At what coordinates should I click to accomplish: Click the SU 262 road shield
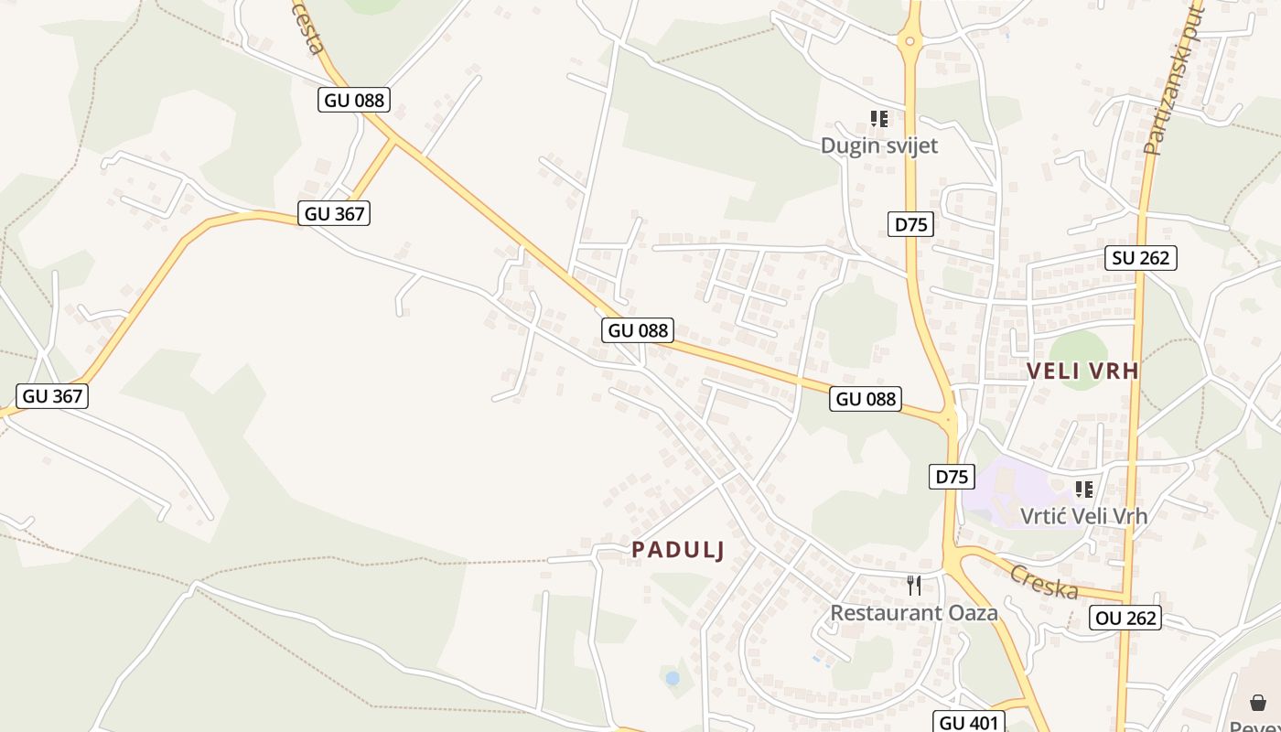pyautogui.click(x=1140, y=258)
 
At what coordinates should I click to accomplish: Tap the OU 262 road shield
pyautogui.click(x=1126, y=619)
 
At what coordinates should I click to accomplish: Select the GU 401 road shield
pyautogui.click(x=970, y=723)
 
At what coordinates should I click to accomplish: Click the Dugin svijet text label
pyautogui.click(x=878, y=145)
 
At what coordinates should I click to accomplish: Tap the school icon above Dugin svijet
pyautogui.click(x=879, y=119)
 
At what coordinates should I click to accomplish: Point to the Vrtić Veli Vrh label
pyautogui.click(x=1083, y=516)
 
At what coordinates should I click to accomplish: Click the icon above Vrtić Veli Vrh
pyautogui.click(x=1084, y=490)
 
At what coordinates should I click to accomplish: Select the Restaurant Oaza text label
pyautogui.click(x=913, y=613)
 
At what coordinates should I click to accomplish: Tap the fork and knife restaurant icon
pyautogui.click(x=913, y=586)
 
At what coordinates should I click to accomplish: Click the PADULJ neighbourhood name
pyautogui.click(x=678, y=550)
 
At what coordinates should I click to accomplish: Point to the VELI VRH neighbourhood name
pyautogui.click(x=1082, y=371)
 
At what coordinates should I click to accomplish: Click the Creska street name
pyautogui.click(x=1044, y=582)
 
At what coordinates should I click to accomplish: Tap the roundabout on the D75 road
pyautogui.click(x=910, y=40)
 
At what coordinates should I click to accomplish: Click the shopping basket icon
pyautogui.click(x=1258, y=703)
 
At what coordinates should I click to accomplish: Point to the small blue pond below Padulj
pyautogui.click(x=673, y=678)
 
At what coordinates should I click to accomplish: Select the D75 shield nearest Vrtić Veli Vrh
pyautogui.click(x=952, y=477)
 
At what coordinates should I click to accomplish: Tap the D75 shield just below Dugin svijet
pyautogui.click(x=910, y=224)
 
